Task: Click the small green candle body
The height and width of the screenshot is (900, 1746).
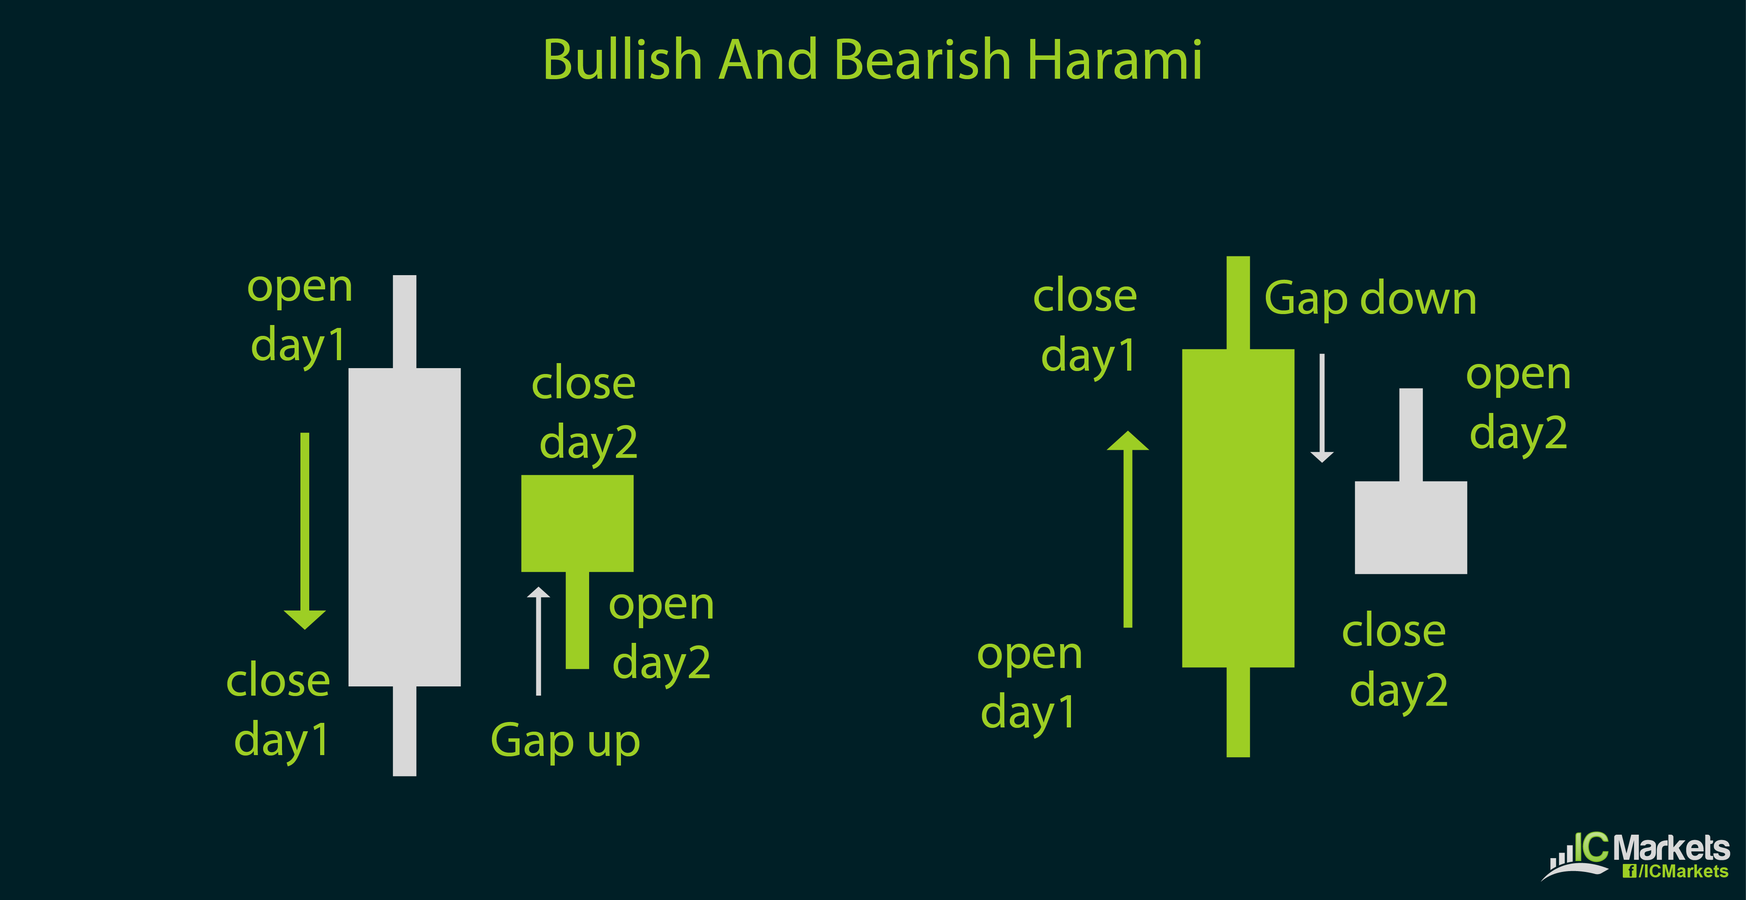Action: (577, 523)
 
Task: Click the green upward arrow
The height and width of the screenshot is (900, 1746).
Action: (1128, 529)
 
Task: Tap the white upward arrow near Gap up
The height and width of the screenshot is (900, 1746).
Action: (538, 640)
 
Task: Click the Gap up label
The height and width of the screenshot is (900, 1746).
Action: (565, 741)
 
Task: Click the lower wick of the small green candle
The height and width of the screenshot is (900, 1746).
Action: (577, 620)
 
